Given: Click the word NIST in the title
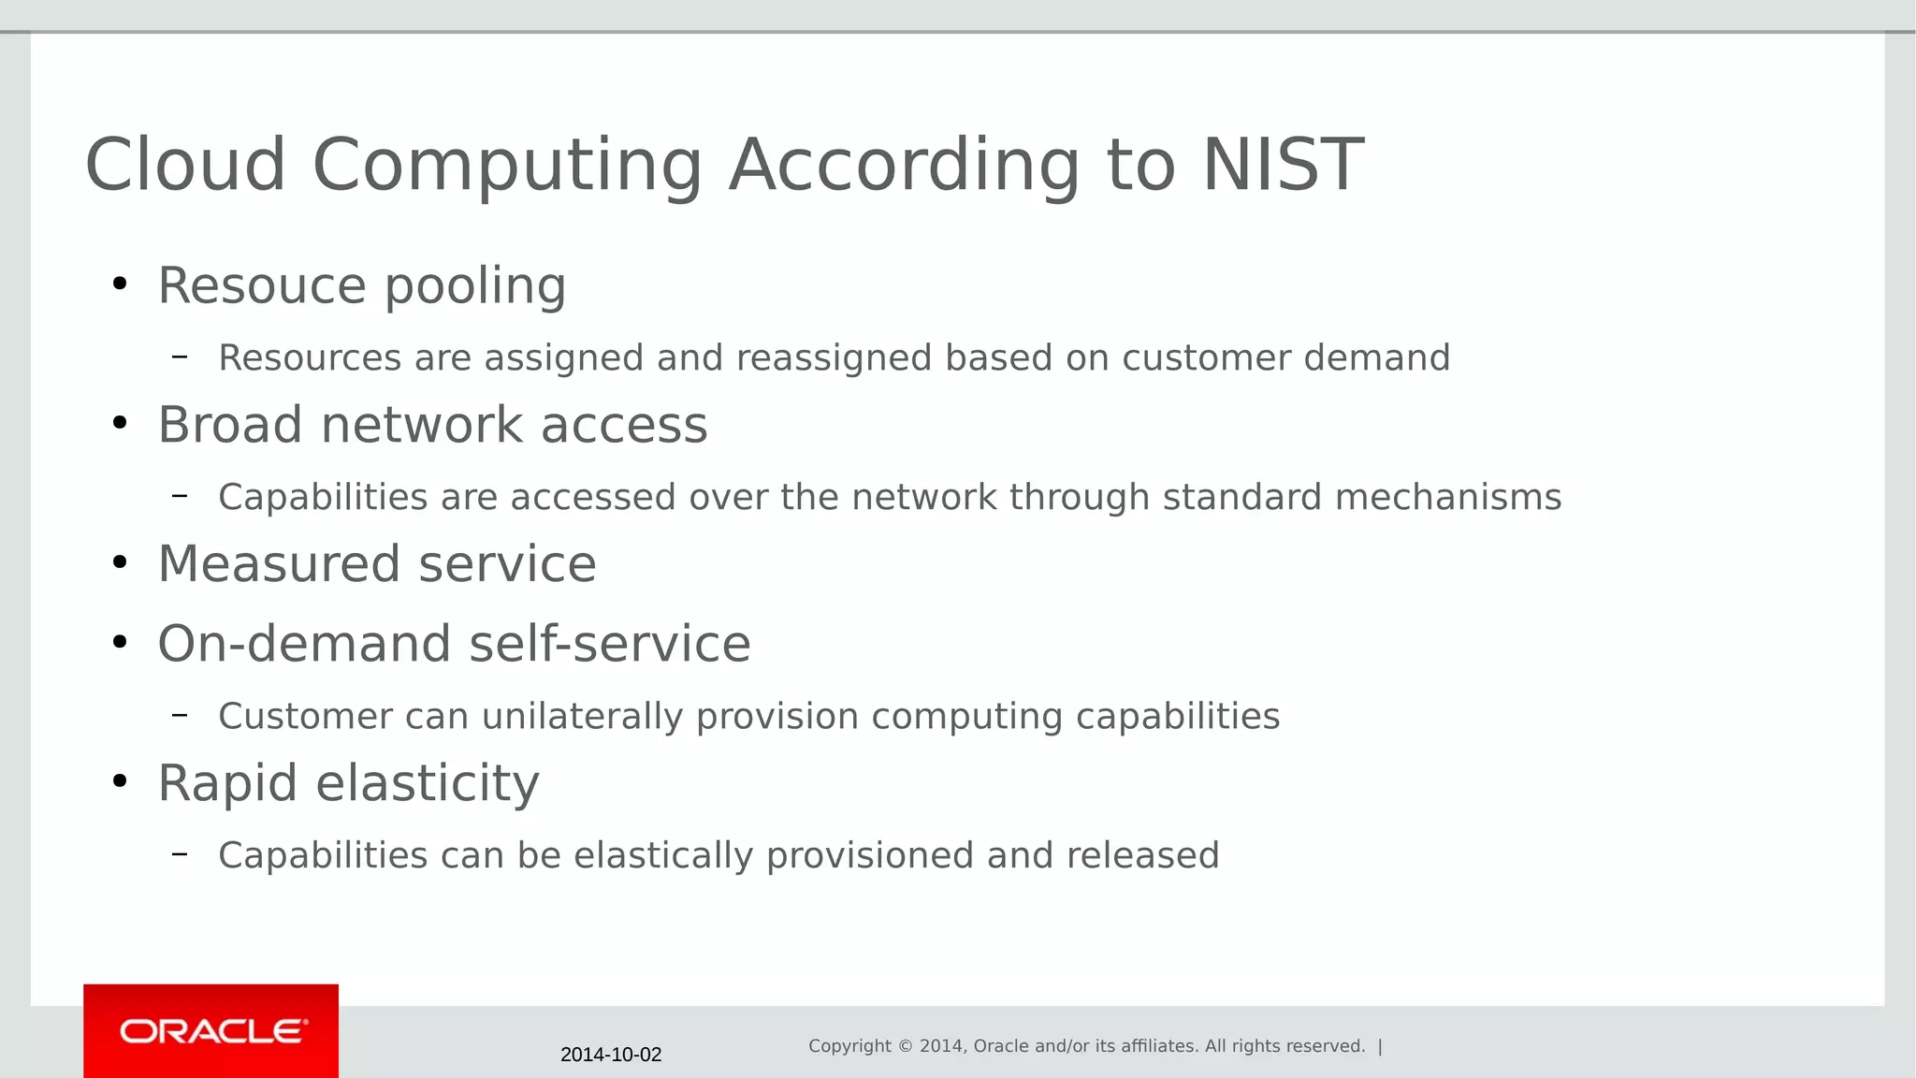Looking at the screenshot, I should [1283, 165].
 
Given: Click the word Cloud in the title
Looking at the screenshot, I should [185, 165].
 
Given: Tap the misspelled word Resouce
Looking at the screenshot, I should [262, 285].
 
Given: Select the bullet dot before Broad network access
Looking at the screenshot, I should [119, 424].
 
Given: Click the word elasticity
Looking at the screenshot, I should [428, 783].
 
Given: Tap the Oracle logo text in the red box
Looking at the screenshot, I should [213, 1031].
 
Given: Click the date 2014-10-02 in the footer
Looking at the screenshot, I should [611, 1055].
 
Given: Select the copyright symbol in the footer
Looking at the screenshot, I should [905, 1046].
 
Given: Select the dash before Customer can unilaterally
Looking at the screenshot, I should [180, 715].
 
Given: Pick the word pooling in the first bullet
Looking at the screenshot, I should [475, 285].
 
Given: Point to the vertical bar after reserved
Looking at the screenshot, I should [1380, 1046].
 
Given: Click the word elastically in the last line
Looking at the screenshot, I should [663, 855].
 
